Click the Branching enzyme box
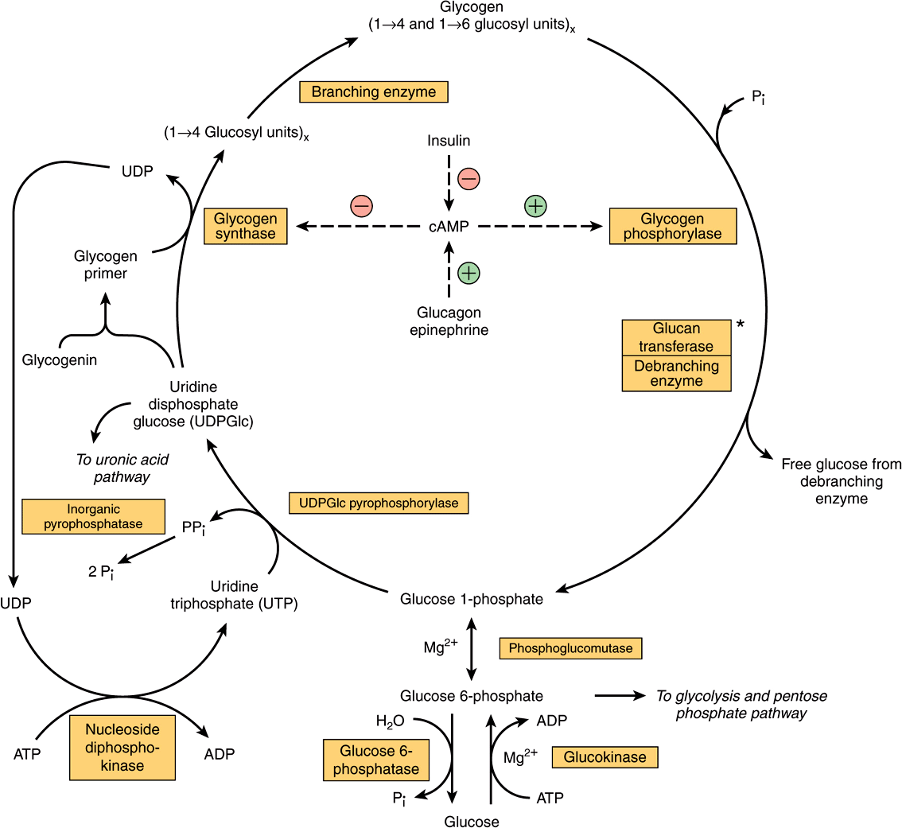373,92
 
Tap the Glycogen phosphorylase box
672,226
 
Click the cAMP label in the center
449,227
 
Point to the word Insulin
449,141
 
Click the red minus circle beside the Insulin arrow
468,179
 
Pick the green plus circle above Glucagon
469,273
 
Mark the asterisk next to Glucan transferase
741,325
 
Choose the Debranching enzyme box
676,374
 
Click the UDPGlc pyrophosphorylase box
379,503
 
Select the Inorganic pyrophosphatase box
93,516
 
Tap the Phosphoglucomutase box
570,648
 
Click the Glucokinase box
605,757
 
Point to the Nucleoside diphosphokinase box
122,748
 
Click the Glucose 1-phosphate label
472,599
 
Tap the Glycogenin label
60,360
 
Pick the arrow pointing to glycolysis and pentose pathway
620,696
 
